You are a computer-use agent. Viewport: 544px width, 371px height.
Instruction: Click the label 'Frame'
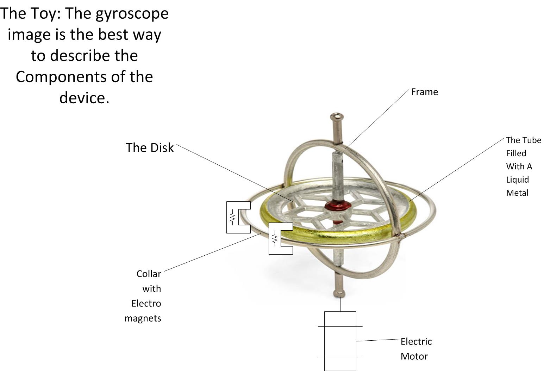pos(424,92)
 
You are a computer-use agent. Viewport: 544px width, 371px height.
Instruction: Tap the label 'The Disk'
pos(149,148)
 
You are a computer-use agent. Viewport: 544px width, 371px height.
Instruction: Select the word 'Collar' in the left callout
pos(149,274)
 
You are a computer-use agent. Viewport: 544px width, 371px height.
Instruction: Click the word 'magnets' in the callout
pos(143,318)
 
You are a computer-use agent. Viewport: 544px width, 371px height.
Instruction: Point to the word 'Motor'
pos(414,357)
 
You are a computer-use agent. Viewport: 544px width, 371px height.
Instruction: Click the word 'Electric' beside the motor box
pos(416,342)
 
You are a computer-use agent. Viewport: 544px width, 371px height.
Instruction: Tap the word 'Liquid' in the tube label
pos(517,180)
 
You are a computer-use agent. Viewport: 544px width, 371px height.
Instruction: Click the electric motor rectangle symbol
pos(340,341)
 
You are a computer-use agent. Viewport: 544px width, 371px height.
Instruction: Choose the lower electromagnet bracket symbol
pos(280,238)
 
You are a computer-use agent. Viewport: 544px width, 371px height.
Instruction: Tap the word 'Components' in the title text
pos(62,77)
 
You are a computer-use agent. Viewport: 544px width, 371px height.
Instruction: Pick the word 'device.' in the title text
pos(84,98)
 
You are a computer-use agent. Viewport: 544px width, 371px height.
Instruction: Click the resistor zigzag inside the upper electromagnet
pos(232,217)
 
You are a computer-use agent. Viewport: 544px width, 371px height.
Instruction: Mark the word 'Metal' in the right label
pos(517,193)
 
